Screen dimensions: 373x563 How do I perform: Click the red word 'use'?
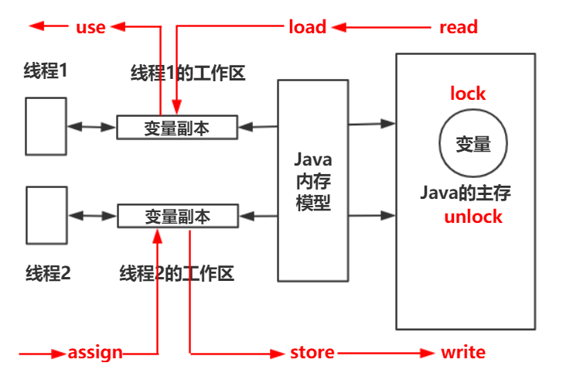click(x=90, y=27)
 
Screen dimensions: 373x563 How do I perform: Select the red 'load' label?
click(x=307, y=27)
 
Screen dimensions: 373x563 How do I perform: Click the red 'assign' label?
click(x=95, y=353)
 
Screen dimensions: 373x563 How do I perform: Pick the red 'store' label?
click(x=312, y=353)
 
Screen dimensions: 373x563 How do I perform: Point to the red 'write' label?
click(x=463, y=353)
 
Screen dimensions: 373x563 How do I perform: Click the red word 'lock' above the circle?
click(x=468, y=94)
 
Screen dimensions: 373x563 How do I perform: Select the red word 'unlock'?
click(x=473, y=217)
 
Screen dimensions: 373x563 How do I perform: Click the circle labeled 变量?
click(x=473, y=143)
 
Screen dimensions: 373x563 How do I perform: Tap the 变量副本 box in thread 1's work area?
click(x=176, y=127)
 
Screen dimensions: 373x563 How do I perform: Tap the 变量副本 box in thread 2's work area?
click(x=177, y=217)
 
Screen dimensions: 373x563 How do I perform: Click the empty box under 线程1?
click(x=45, y=125)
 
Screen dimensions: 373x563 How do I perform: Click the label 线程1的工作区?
click(x=188, y=74)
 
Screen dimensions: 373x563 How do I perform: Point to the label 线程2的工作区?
click(x=176, y=273)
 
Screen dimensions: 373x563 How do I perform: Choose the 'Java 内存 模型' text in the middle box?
click(x=313, y=179)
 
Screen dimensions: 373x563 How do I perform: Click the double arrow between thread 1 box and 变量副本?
click(x=91, y=126)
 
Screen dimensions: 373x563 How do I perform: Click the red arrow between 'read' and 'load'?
click(x=382, y=27)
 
